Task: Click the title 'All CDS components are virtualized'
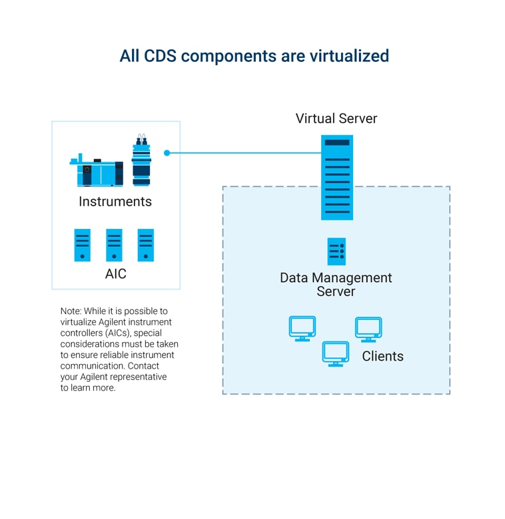click(254, 56)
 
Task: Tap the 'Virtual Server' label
click(336, 118)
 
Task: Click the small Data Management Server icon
click(336, 252)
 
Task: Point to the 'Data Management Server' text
click(336, 284)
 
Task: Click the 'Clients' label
click(382, 356)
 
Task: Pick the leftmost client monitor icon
click(302, 328)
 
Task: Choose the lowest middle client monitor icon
click(335, 353)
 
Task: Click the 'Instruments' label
click(115, 201)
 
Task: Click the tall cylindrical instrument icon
click(141, 162)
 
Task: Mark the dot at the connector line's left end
click(167, 153)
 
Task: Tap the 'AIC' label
click(115, 273)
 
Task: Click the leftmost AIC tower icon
click(83, 245)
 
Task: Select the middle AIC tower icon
click(114, 245)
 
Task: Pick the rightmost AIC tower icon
click(146, 245)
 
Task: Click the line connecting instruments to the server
click(247, 153)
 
